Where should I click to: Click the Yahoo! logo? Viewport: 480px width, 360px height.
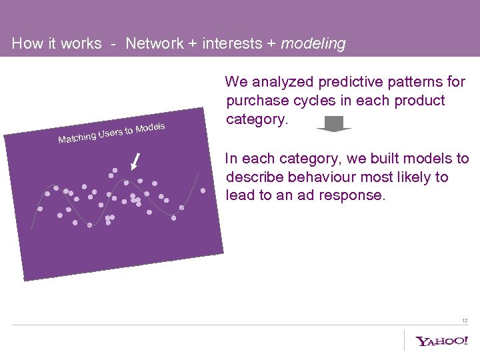point(442,341)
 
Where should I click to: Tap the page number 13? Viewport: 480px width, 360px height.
point(464,321)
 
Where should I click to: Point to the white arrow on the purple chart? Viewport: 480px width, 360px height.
point(137,161)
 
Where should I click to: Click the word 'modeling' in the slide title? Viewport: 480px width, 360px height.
point(313,44)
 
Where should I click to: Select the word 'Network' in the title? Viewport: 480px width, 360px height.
point(154,44)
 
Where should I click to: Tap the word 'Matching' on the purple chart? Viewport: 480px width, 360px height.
point(77,138)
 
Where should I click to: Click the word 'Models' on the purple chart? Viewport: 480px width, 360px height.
point(150,127)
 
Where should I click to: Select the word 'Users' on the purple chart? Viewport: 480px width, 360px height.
point(111,133)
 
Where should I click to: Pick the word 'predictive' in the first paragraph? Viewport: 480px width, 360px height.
point(348,82)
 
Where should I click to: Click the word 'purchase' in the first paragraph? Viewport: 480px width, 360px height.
point(255,101)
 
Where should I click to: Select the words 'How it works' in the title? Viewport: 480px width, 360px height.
point(57,44)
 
